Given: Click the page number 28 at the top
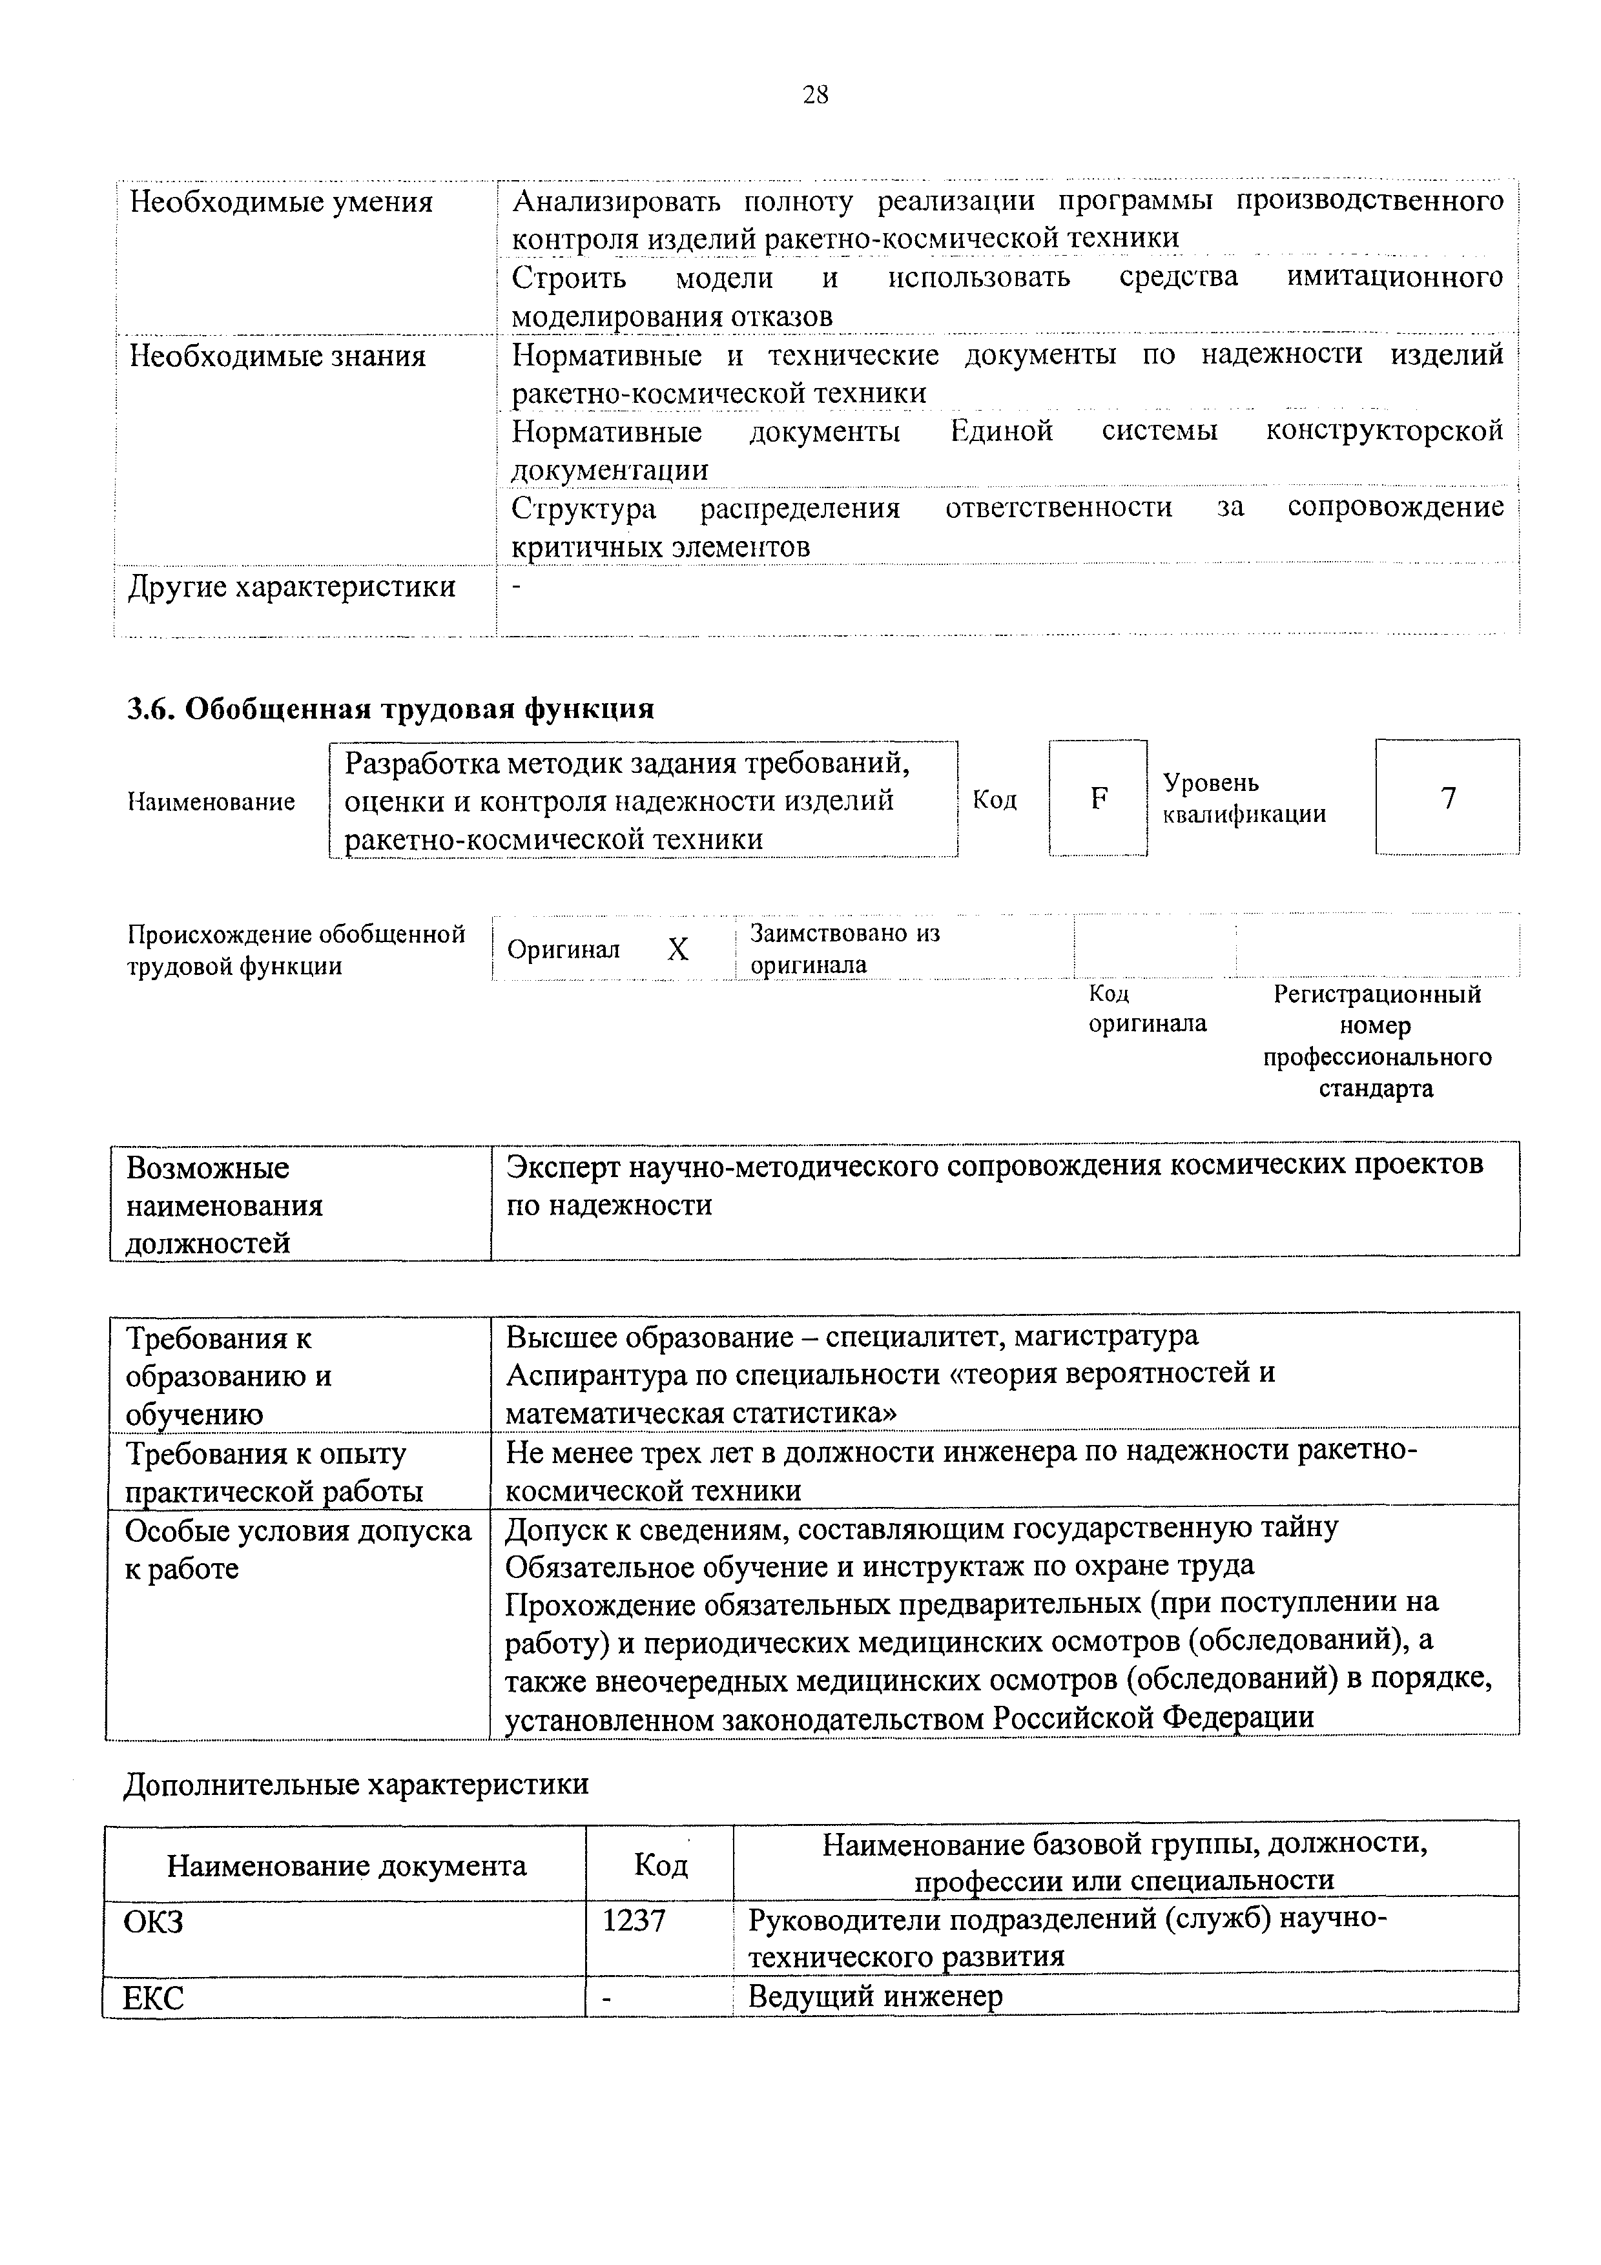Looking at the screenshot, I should coord(815,95).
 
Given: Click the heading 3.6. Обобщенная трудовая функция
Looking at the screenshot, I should coord(391,708).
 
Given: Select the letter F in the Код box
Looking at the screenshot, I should coord(1098,797).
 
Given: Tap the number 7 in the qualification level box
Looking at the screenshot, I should coord(1447,797).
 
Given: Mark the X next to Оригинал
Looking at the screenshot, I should coord(677,949).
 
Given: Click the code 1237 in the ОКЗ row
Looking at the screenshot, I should coord(634,1920).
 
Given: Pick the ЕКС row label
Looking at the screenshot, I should coord(153,1998).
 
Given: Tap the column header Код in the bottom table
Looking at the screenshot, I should coord(660,1865).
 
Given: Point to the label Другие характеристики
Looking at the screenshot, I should coord(292,586).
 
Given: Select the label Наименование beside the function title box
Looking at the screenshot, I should coord(211,801).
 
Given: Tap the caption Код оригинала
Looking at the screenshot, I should coord(1146,1008).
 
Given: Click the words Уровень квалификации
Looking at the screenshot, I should coord(1243,798).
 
